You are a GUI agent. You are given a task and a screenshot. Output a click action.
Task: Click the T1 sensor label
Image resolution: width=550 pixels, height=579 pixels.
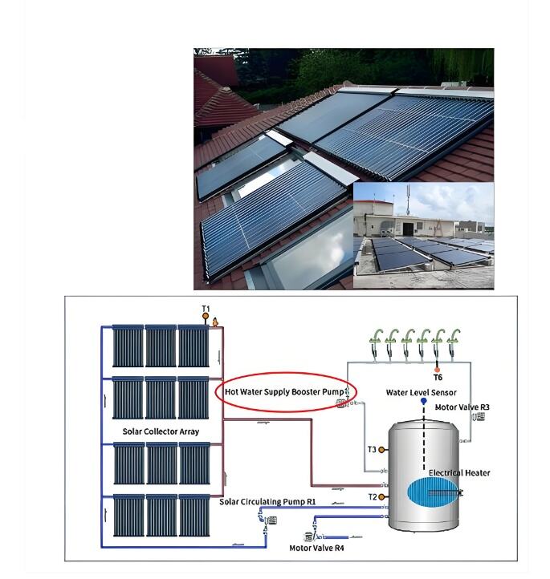pyautogui.click(x=206, y=308)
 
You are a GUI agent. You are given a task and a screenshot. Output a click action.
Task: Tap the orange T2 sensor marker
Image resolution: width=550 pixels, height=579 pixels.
pyautogui.click(x=381, y=497)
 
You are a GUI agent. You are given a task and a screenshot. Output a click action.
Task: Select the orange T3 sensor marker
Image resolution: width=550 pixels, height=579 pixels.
pyautogui.click(x=381, y=450)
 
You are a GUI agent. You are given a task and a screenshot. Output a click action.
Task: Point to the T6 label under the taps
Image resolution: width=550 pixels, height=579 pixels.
pyautogui.click(x=438, y=378)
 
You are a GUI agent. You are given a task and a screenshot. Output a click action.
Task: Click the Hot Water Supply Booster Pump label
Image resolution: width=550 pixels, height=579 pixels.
pyautogui.click(x=284, y=392)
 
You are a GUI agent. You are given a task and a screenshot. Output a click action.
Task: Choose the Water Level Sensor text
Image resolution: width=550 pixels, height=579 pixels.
pyautogui.click(x=421, y=392)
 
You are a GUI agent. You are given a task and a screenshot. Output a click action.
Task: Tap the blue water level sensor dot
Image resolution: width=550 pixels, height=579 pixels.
pyautogui.click(x=424, y=401)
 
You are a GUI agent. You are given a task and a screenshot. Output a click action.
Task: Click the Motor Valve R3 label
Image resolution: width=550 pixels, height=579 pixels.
pyautogui.click(x=462, y=407)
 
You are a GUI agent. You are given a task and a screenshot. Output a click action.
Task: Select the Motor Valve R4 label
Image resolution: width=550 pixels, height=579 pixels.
pyautogui.click(x=316, y=548)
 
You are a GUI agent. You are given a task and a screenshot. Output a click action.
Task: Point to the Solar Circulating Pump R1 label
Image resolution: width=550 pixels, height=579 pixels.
pyautogui.click(x=267, y=502)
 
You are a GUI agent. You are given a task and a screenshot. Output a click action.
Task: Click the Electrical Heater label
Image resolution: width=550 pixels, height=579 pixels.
pyautogui.click(x=459, y=472)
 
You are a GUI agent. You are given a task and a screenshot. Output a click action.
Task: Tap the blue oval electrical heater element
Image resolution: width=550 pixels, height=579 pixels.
pyautogui.click(x=433, y=492)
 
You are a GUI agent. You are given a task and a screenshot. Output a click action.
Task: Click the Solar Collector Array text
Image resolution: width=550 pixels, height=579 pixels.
pyautogui.click(x=161, y=431)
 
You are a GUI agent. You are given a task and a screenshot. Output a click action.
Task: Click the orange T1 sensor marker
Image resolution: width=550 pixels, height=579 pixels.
pyautogui.click(x=206, y=317)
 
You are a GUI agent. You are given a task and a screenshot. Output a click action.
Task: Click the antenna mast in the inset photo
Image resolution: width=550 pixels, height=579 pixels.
pyautogui.click(x=409, y=200)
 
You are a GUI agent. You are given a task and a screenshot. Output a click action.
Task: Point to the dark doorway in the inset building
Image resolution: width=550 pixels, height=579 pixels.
pyautogui.click(x=408, y=229)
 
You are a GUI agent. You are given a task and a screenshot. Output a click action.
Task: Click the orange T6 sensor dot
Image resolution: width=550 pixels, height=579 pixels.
pyautogui.click(x=438, y=370)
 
